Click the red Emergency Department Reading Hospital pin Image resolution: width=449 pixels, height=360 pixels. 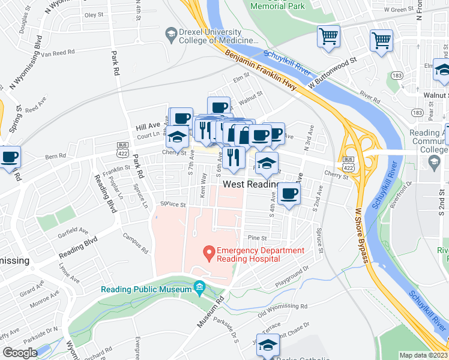tap(209, 254)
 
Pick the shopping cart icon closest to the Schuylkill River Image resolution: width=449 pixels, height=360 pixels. tap(328, 37)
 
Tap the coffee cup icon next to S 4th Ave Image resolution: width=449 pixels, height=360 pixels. tap(289, 193)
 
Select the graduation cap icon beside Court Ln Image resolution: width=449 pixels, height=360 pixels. tap(177, 137)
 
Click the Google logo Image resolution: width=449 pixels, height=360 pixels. tap(20, 353)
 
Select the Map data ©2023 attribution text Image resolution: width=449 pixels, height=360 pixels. tap(423, 355)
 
